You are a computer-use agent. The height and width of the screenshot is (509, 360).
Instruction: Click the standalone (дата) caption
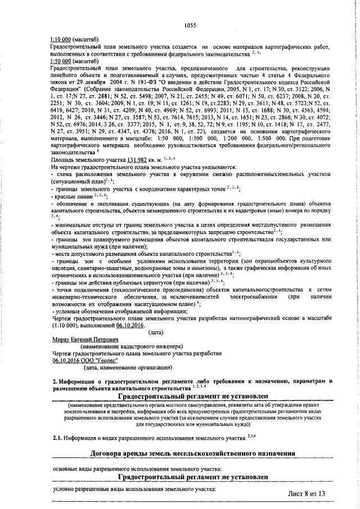click(x=155, y=332)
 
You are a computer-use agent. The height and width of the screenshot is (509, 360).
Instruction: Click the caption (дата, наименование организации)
click(x=128, y=368)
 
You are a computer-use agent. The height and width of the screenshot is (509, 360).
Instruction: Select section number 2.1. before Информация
click(x=57, y=437)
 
